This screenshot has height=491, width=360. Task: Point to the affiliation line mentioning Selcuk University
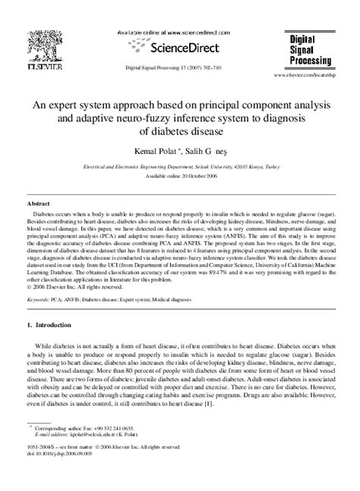pos(180,163)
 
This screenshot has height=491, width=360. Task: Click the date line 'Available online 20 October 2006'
pos(180,174)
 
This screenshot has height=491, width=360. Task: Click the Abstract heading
pos(39,205)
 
